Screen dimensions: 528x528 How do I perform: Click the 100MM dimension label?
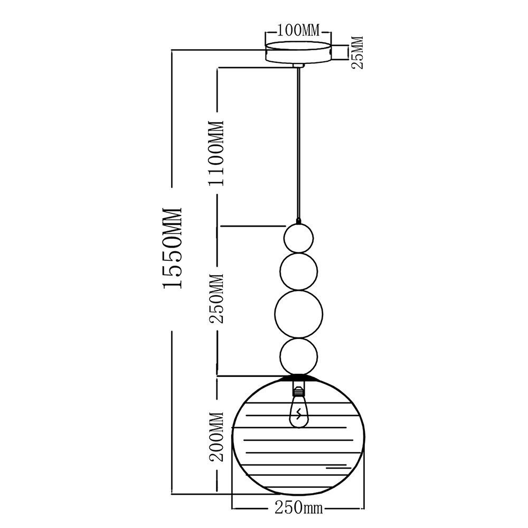[x=298, y=30]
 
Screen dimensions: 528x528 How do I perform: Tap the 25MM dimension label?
[x=357, y=53]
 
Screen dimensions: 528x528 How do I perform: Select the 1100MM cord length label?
[x=216, y=153]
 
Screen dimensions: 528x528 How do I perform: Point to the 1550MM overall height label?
[x=173, y=247]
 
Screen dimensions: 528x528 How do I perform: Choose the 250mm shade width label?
[x=298, y=508]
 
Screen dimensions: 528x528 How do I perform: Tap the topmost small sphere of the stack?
[x=299, y=238]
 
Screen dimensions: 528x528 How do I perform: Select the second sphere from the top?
[x=299, y=271]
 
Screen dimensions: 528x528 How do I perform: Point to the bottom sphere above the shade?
[x=299, y=357]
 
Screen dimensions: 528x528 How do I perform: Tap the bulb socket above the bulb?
[x=299, y=391]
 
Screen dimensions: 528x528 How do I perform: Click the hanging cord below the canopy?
[x=299, y=143]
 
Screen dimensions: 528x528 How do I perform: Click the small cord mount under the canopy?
[x=299, y=65]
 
